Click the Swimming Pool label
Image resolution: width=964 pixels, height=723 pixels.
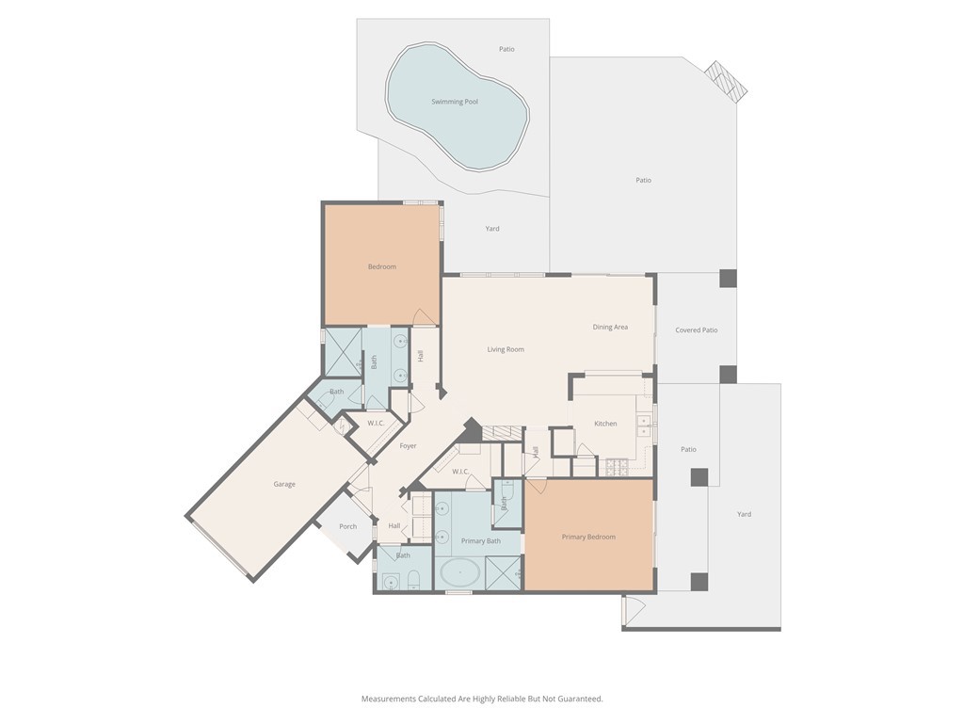pyautogui.click(x=455, y=102)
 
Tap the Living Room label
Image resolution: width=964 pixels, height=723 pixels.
pyautogui.click(x=506, y=349)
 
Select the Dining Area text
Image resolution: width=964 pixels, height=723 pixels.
pyautogui.click(x=610, y=328)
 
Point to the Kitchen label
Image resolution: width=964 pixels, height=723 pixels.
pyautogui.click(x=605, y=424)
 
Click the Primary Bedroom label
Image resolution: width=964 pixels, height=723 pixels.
pyautogui.click(x=588, y=537)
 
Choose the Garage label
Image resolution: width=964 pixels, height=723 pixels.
pyautogui.click(x=284, y=484)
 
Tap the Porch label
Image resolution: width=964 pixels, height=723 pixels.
pyautogui.click(x=348, y=526)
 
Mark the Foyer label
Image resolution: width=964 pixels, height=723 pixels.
pyautogui.click(x=408, y=446)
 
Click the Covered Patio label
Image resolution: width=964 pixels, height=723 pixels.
pyautogui.click(x=697, y=330)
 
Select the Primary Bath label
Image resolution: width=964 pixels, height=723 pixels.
pyautogui.click(x=480, y=541)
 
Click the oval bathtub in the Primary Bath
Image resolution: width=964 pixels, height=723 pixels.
pyautogui.click(x=458, y=572)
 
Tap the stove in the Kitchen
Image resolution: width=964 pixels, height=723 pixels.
pyautogui.click(x=617, y=464)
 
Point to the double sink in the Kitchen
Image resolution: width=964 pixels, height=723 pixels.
pyautogui.click(x=645, y=426)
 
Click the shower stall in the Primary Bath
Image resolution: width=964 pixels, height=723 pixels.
pyautogui.click(x=504, y=572)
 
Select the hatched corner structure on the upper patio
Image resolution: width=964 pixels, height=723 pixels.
pyautogui.click(x=728, y=82)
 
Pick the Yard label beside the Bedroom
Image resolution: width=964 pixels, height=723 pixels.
pyautogui.click(x=492, y=229)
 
